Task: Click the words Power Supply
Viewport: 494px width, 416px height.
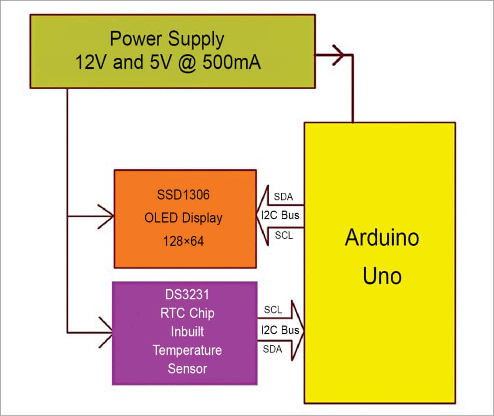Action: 167,39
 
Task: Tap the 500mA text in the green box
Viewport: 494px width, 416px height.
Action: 232,63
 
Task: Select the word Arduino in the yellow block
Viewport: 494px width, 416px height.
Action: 382,238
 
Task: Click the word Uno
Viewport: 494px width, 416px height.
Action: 382,276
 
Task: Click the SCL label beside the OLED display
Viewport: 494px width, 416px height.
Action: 284,236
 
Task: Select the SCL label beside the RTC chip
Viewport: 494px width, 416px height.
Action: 273,309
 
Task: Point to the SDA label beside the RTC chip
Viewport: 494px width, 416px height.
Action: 273,349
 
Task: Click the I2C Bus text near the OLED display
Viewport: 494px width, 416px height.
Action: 280,215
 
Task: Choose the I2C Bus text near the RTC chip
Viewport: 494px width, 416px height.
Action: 280,330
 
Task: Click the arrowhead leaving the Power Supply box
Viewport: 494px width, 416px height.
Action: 338,55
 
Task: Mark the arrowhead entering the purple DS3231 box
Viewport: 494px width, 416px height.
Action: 106,332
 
